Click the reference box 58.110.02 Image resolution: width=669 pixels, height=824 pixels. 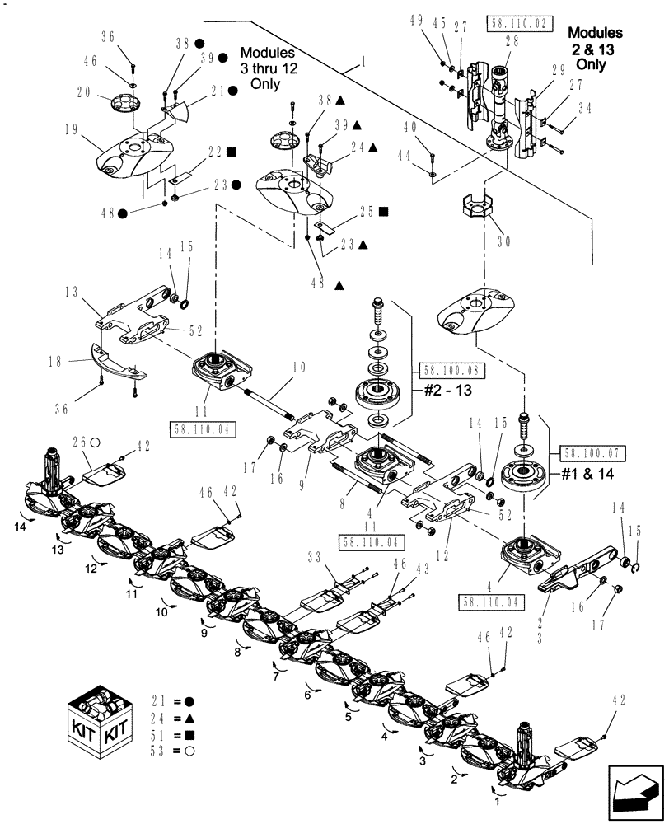pos(519,22)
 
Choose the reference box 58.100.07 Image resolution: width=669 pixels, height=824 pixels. pos(592,453)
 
